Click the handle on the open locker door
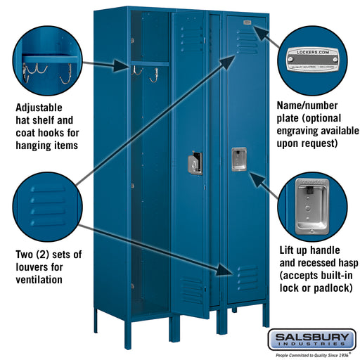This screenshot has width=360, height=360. pos(195,163)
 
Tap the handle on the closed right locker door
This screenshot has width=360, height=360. pos(238,159)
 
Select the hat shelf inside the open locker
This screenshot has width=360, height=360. pos(151,64)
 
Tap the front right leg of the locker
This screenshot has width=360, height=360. pos(266,316)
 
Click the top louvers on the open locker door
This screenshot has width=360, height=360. pos(191,32)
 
